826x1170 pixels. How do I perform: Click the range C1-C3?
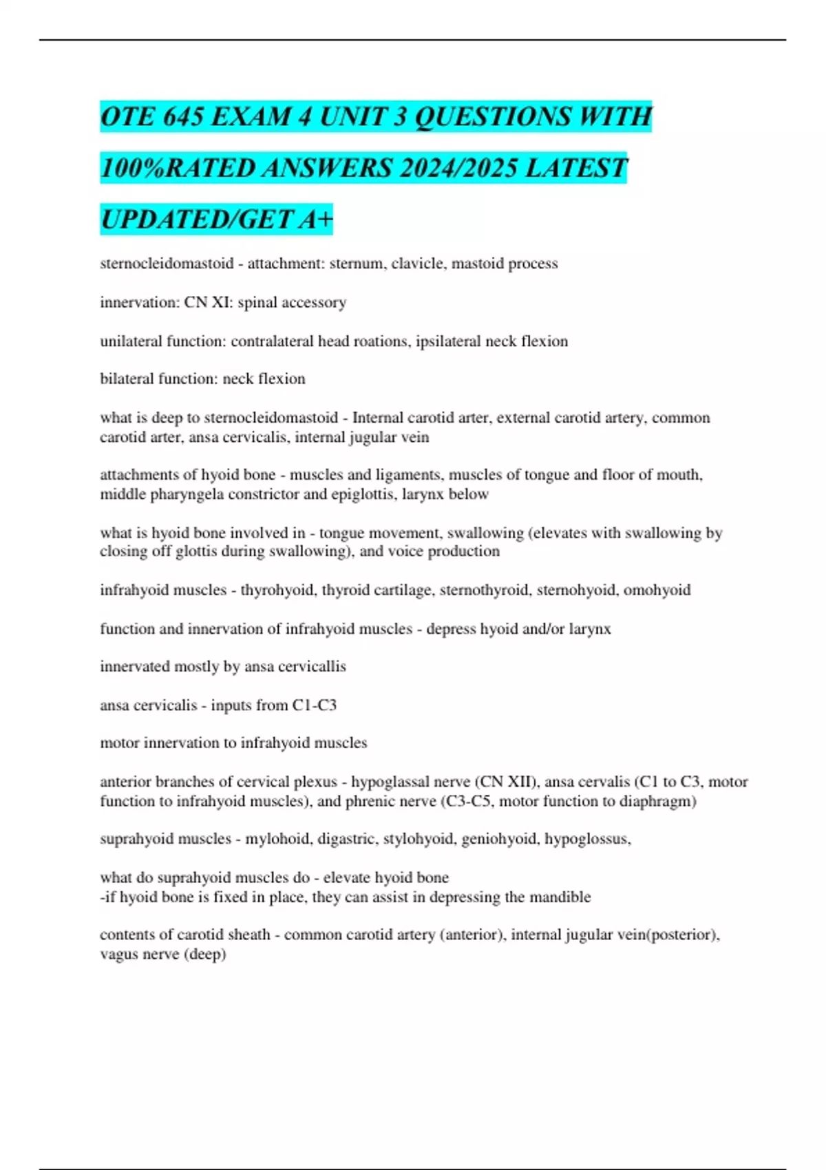pos(315,705)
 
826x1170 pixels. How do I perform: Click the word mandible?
pos(559,897)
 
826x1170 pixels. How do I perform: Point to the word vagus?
pos(119,955)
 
